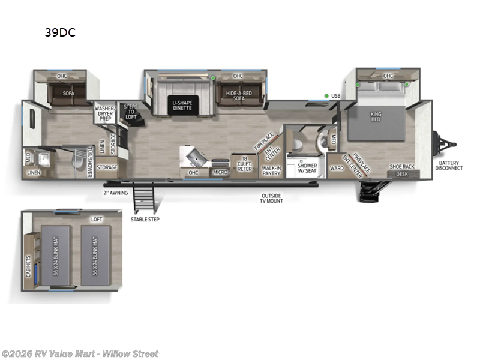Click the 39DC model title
pyautogui.click(x=59, y=33)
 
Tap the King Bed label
pyautogui.click(x=376, y=116)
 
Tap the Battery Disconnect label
pyautogui.click(x=450, y=165)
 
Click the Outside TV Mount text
pyautogui.click(x=272, y=198)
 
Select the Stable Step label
pyautogui.click(x=145, y=220)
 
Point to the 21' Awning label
pyautogui.click(x=115, y=193)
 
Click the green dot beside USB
pyautogui.click(x=326, y=96)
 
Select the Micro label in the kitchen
pyautogui.click(x=220, y=173)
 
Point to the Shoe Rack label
pyautogui.click(x=401, y=166)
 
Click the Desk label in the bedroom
pyautogui.click(x=401, y=174)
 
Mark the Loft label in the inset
pyautogui.click(x=96, y=219)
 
